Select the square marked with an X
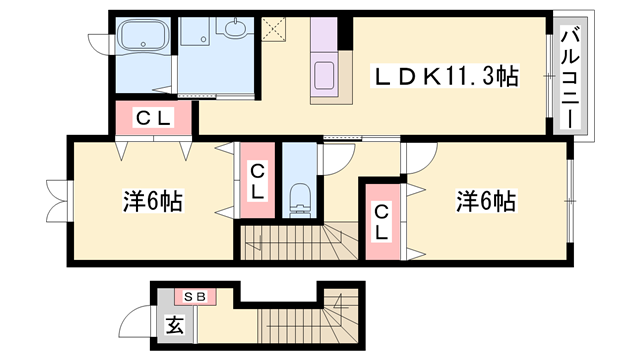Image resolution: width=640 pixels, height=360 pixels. click(272, 29)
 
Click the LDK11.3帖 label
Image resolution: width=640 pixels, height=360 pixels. click(446, 75)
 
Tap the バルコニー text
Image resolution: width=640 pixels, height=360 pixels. click(569, 77)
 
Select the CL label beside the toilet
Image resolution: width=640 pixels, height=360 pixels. click(257, 180)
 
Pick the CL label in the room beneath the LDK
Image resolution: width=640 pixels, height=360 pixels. click(381, 220)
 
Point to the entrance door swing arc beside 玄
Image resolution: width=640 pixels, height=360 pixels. click(135, 325)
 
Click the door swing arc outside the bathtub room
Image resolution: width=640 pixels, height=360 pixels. click(99, 40)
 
